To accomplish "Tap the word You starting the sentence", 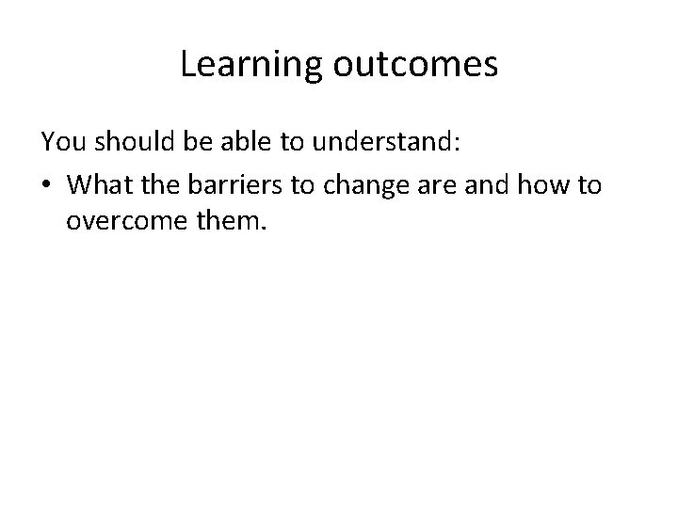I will point(61,143).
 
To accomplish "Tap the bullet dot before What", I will point(47,185).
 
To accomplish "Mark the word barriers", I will point(237,184).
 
